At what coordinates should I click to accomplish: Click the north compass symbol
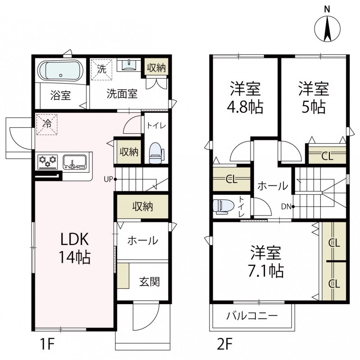[328, 28]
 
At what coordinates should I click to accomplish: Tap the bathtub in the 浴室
[60, 71]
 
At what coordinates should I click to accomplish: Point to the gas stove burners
[48, 160]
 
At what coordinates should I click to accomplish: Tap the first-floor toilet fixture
[155, 152]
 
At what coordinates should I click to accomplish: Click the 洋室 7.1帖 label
[266, 261]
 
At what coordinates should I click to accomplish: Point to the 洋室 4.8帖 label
[246, 98]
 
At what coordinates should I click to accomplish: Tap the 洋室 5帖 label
[313, 98]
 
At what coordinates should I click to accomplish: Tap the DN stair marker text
[286, 207]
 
